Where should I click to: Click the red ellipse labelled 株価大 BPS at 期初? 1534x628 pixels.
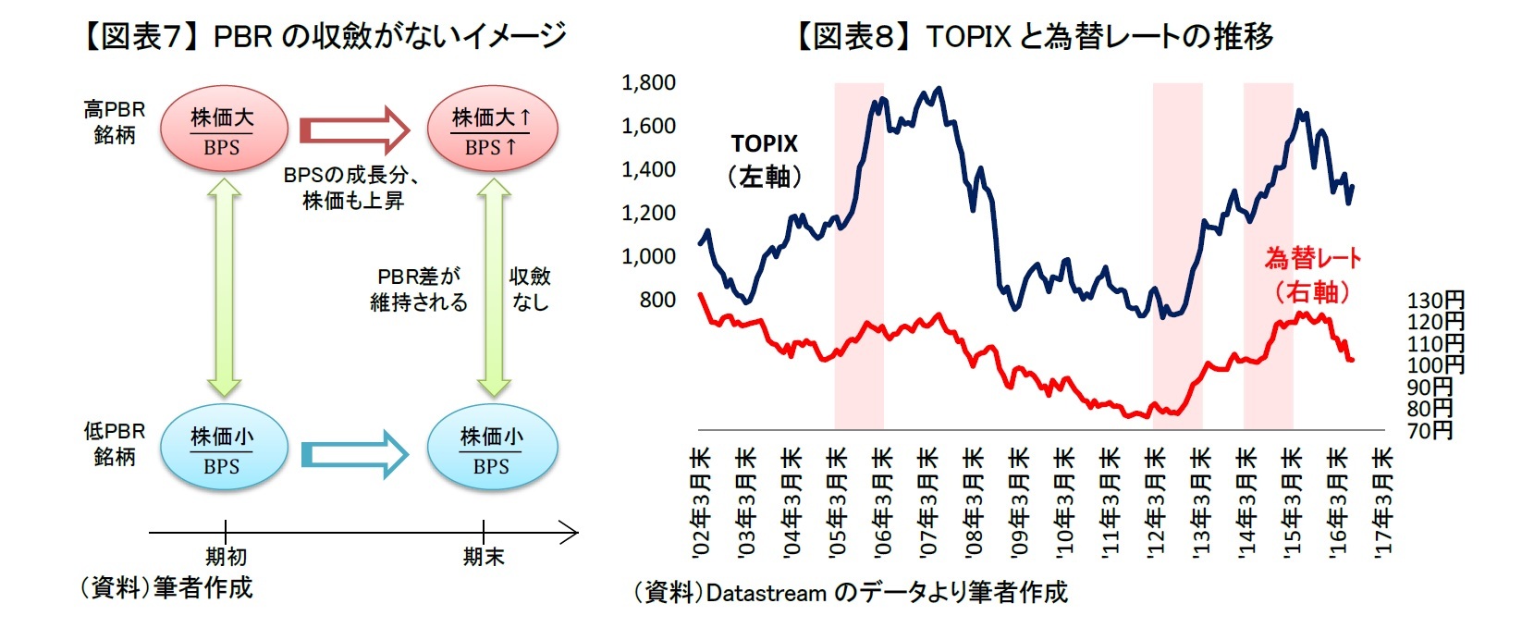pos(222,131)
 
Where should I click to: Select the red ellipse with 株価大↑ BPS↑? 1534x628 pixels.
pos(491,131)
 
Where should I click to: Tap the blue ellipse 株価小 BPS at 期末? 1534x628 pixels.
pos(491,450)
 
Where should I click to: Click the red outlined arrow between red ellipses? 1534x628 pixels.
pos(354,129)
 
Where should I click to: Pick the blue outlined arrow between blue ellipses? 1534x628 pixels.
pos(354,454)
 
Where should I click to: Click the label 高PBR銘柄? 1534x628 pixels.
pos(114,122)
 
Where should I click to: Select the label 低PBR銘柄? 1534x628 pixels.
pos(114,444)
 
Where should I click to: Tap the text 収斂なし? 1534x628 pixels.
pos(530,289)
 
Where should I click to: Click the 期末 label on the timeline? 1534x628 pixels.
pos(483,557)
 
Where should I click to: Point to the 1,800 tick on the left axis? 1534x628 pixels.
pos(648,83)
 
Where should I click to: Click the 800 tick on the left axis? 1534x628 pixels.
pos(657,300)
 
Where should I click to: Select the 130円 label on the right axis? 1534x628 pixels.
pos(1435,300)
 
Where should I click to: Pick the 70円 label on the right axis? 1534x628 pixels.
pos(1430,430)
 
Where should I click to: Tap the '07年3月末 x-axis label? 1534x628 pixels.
pos(927,502)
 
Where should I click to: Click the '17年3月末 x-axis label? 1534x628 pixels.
pos(1381,502)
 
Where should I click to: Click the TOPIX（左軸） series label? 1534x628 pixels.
pos(764,160)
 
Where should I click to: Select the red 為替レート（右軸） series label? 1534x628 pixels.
pos(1312,275)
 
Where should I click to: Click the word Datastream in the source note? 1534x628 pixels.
pos(766,593)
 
